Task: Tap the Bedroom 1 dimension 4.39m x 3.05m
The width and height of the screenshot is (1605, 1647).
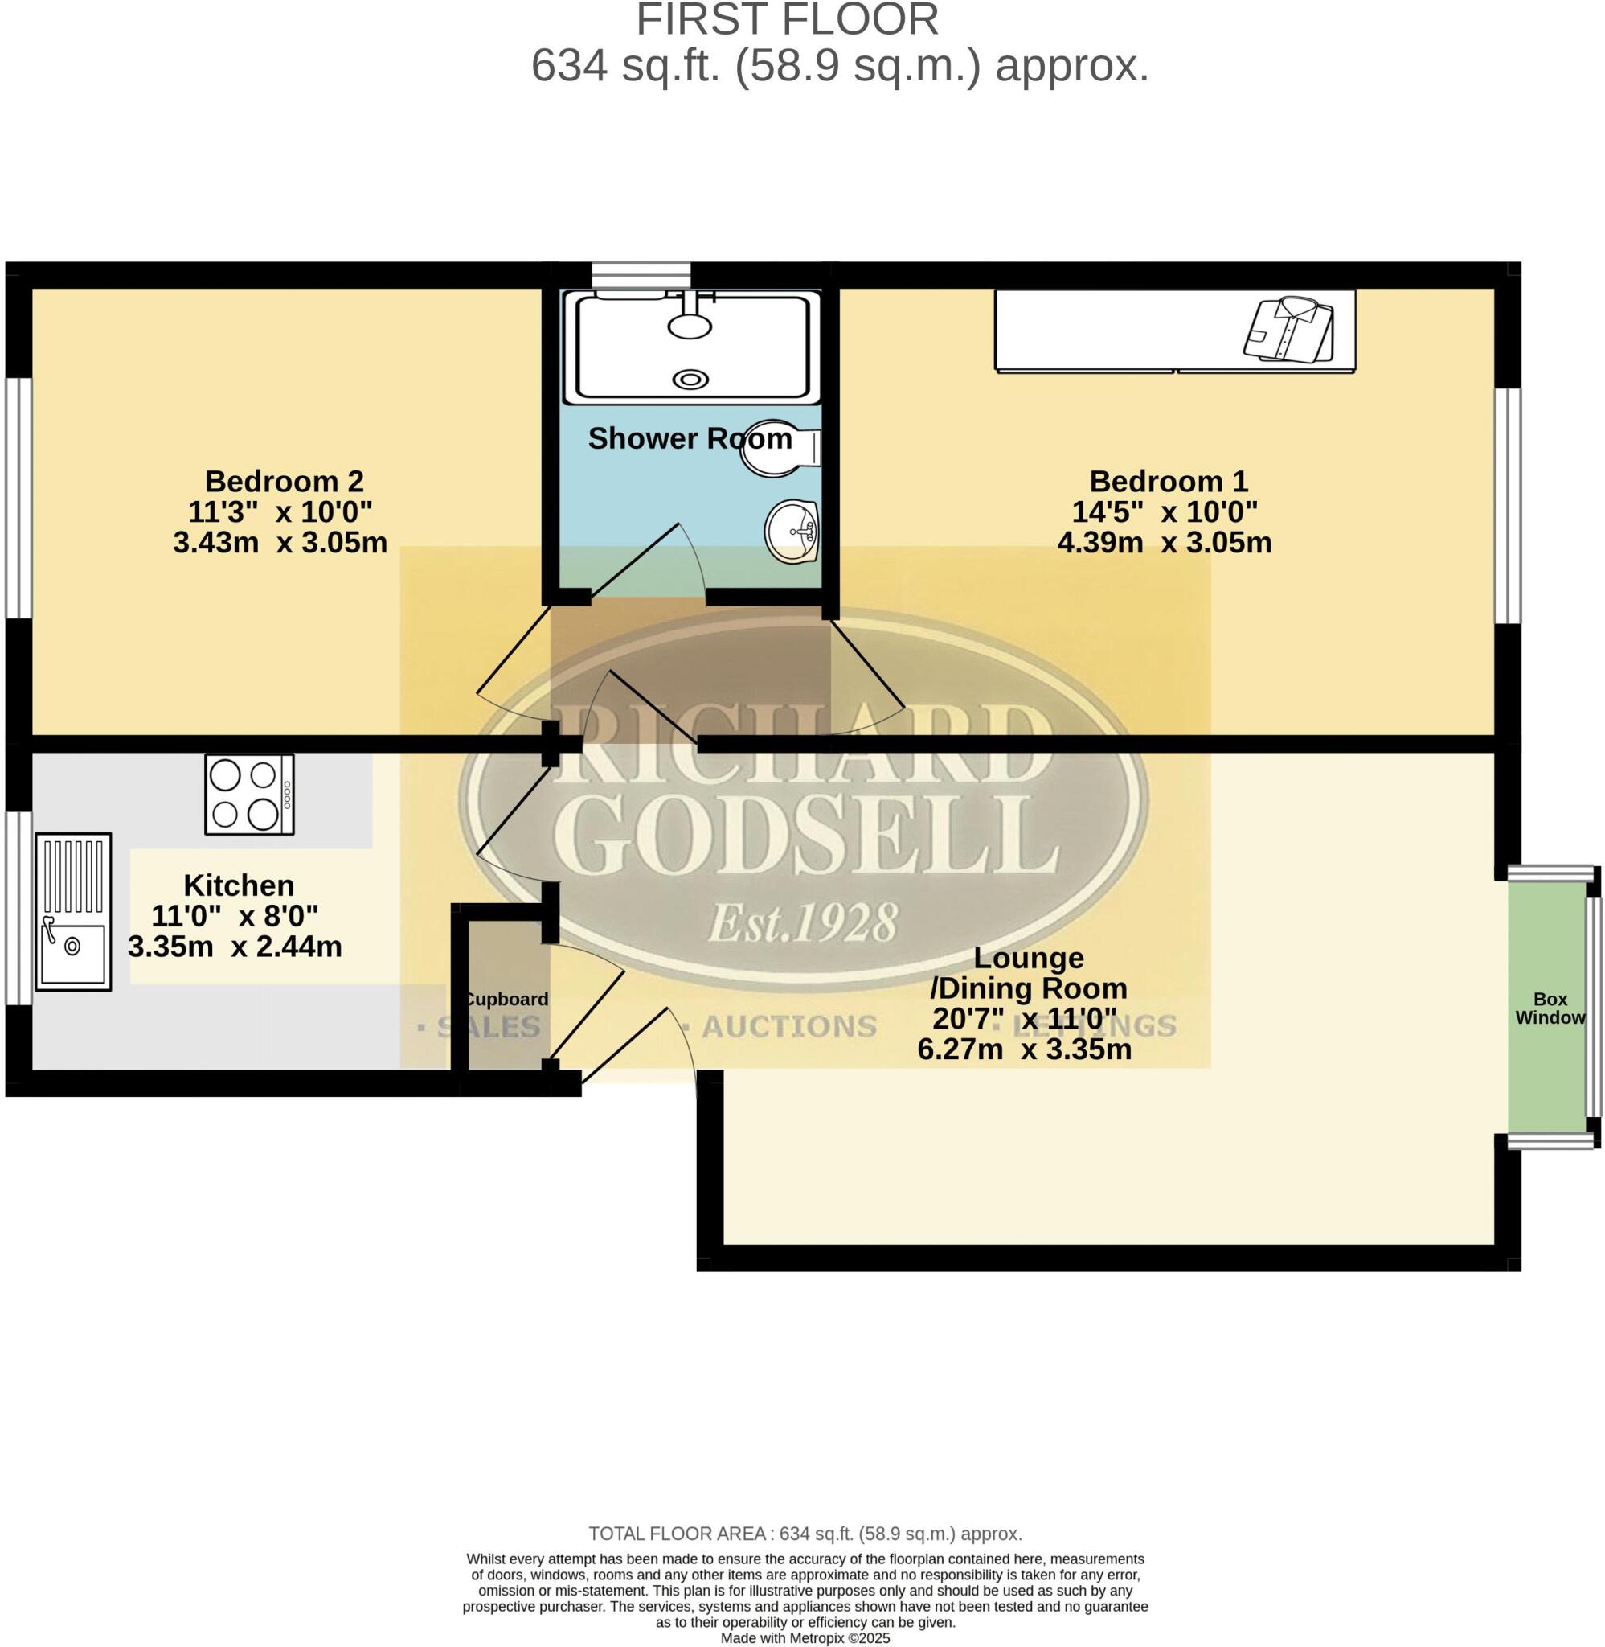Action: click(x=1164, y=542)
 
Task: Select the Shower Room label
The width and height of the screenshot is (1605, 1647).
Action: click(x=690, y=438)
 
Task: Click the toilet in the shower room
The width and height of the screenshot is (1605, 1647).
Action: click(x=776, y=448)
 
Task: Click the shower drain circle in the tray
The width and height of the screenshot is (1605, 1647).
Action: click(x=690, y=380)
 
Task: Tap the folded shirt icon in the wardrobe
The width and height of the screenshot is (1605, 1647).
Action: click(x=1288, y=330)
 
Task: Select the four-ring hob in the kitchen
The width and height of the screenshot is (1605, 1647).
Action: click(x=249, y=795)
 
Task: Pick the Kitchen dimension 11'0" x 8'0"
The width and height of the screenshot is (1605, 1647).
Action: click(x=235, y=916)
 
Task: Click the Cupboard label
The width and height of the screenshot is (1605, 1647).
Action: click(x=506, y=1000)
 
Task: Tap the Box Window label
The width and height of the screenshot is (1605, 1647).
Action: click(x=1550, y=1008)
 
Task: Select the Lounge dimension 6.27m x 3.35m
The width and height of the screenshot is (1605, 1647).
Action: click(x=1024, y=1049)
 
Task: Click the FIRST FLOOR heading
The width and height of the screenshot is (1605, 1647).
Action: click(x=787, y=19)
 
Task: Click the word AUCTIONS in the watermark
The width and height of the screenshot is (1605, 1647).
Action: click(x=789, y=1026)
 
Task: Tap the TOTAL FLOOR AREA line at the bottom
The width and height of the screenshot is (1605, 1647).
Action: click(x=805, y=1533)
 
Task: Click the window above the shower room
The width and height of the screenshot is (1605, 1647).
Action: click(x=641, y=275)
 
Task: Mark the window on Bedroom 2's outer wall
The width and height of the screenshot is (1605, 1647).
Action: click(x=18, y=498)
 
